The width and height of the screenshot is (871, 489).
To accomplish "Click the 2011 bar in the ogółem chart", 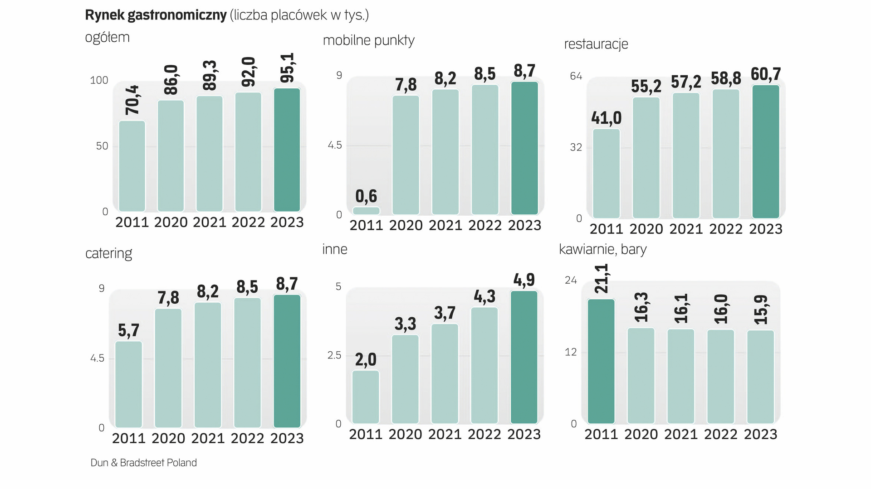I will pos(132,166).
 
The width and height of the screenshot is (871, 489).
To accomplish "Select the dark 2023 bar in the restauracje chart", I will pos(766,151).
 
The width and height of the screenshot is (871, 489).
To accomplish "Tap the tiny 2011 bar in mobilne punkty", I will pos(366,211).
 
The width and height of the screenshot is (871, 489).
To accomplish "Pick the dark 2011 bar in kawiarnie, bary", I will pos(601,361).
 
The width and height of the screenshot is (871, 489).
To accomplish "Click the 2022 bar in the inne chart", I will pos(484,365).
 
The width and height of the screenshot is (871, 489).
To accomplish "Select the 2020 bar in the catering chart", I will pos(168,368).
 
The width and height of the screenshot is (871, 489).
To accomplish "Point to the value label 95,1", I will pos(287,68).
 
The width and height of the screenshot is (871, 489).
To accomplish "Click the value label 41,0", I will pos(607,118).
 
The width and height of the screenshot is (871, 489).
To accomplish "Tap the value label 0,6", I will pos(366,196).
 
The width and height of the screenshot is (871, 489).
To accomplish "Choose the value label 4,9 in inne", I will pos(524,280).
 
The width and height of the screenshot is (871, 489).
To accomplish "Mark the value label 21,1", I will pos(602,279).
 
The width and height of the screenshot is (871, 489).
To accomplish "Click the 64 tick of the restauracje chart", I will pos(576,76).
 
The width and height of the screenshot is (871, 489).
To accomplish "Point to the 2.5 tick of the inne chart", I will pos(334,355).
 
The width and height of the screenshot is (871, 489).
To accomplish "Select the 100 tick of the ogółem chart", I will pos(99,80).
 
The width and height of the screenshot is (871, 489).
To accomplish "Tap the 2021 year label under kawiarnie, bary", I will pos(681,434).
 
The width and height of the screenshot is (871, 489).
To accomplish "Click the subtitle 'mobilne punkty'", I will pos(368,40).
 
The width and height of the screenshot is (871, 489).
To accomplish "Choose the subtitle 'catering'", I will pos(109,253).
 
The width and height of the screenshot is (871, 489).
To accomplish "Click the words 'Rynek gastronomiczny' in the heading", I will pos(156,15).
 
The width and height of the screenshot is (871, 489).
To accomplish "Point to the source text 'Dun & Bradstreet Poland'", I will pos(144,463).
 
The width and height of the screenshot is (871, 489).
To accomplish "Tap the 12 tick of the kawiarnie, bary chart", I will pos(571,352).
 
